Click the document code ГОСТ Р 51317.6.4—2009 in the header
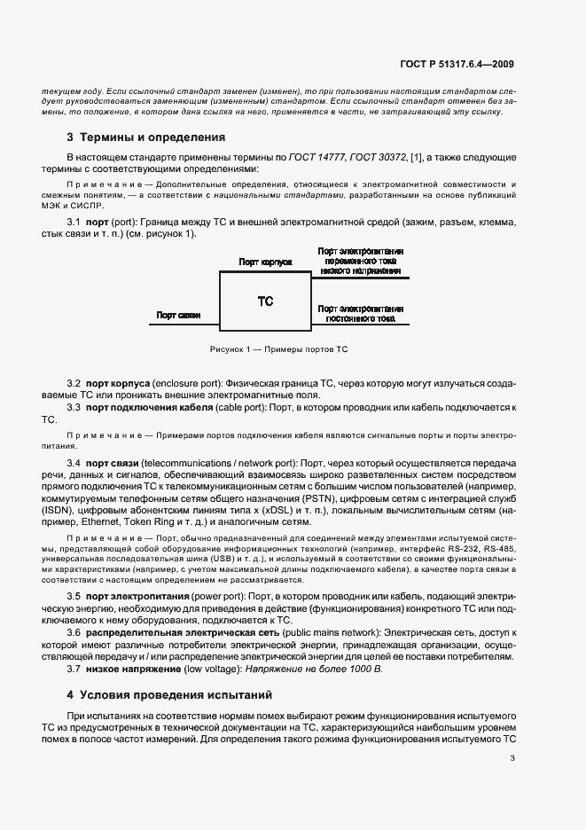pos(458,64)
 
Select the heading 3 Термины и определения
pos(146,137)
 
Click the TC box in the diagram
pos(265,301)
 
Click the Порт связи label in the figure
pos(178,314)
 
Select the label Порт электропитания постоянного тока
pos(359,313)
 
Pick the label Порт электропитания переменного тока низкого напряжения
pos(359,262)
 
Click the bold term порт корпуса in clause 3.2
pos(117,381)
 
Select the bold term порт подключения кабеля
pos(149,406)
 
